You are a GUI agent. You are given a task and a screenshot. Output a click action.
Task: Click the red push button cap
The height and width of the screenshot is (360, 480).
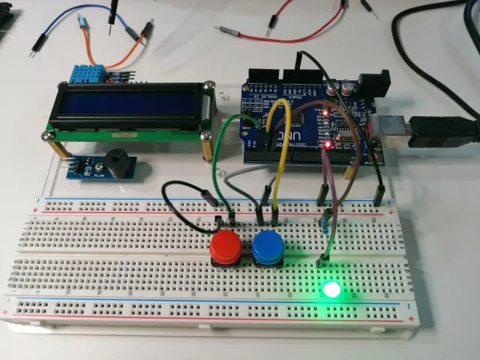(x=224, y=245)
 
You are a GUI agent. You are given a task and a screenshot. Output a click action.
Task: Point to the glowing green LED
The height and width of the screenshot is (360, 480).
(x=330, y=289)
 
